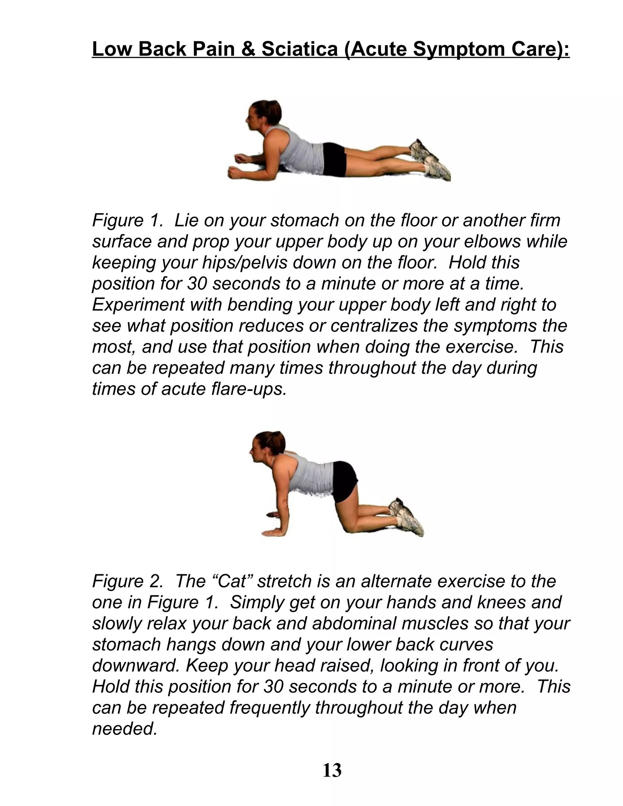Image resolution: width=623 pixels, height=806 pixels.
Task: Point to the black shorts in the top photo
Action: pos(334,159)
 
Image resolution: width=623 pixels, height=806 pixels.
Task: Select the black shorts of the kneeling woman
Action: pos(345,480)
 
